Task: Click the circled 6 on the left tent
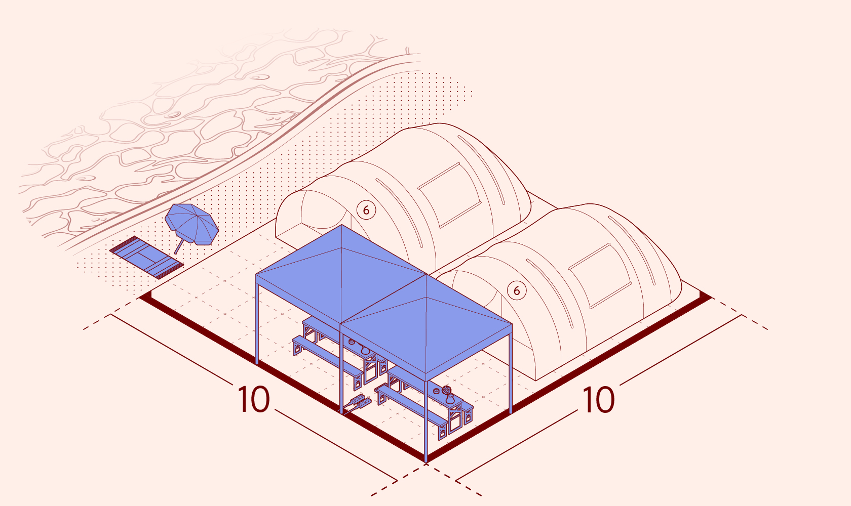pos(366,210)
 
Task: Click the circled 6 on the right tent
pos(517,290)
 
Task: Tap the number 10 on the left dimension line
pos(254,400)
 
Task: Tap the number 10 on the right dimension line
pos(598,400)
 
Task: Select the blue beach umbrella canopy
pos(192,224)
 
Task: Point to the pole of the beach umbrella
pos(179,246)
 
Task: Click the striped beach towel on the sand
pos(147,257)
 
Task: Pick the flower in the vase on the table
pos(446,390)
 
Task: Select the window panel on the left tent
pos(450,195)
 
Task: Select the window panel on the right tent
pos(600,276)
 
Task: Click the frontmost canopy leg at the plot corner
pos(426,421)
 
